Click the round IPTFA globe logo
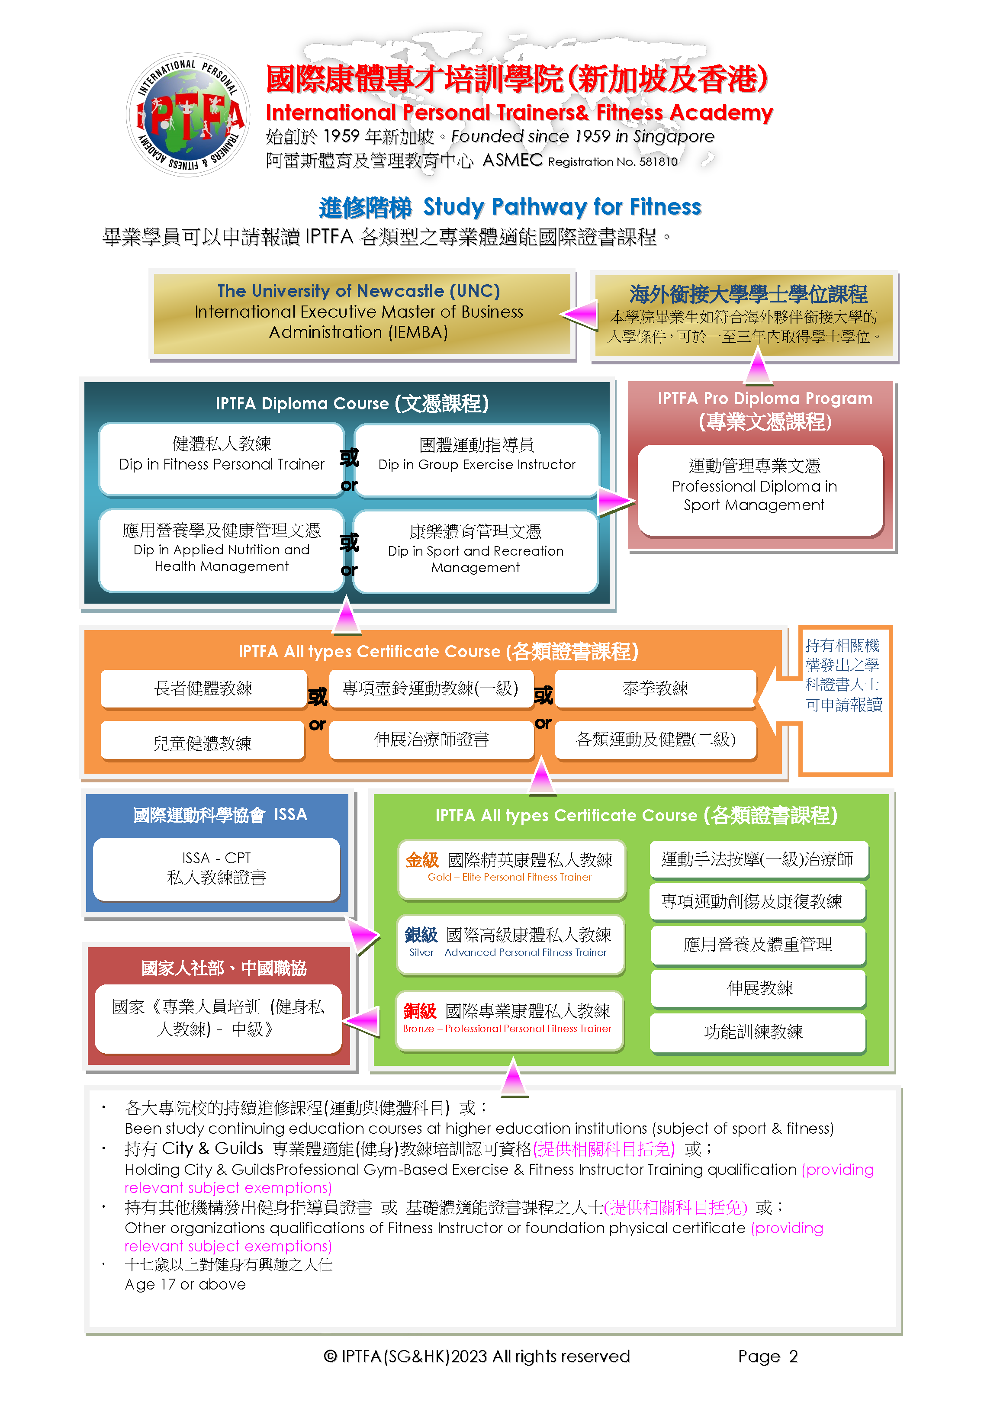pos(187,115)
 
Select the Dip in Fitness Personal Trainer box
pos(222,459)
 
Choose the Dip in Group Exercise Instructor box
pos(476,459)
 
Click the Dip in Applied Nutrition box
pos(222,550)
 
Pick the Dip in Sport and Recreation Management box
pos(476,550)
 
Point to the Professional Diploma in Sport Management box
pos(760,490)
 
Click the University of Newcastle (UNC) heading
pos(359,291)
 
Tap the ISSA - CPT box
pos(216,868)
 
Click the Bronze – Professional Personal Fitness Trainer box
pos(509,1020)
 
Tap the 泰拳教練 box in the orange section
pos(656,688)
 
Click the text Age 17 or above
pos(185,1284)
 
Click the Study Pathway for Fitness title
pos(562,207)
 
